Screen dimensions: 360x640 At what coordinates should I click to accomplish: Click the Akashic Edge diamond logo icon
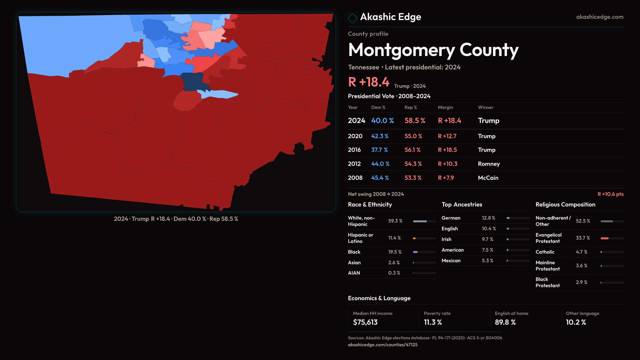point(352,18)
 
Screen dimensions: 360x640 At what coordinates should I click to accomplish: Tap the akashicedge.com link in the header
point(600,17)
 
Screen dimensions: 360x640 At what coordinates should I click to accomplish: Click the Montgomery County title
point(433,50)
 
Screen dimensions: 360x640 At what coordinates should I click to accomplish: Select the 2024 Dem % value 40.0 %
point(382,121)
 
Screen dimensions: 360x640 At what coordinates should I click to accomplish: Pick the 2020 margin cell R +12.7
point(447,136)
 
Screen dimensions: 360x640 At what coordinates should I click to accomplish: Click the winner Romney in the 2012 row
point(489,164)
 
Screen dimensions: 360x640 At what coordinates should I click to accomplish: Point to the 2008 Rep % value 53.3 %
point(413,178)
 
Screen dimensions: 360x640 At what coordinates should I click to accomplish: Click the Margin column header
point(445,107)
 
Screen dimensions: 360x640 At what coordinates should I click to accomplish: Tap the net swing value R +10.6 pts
point(610,194)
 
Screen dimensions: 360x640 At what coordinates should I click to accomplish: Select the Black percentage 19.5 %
point(395,252)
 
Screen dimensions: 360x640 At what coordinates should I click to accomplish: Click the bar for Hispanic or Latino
point(424,238)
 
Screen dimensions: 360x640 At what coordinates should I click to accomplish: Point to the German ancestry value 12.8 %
point(488,218)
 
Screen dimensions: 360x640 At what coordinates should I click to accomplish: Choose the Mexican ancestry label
point(451,261)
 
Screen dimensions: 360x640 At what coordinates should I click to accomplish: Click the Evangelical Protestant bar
point(612,238)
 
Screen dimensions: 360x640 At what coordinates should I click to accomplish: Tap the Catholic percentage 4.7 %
point(582,252)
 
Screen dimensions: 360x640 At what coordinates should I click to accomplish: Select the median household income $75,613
point(365,322)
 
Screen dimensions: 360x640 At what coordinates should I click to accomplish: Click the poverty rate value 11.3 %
point(433,322)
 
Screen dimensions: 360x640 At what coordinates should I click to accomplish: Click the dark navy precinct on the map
point(192,82)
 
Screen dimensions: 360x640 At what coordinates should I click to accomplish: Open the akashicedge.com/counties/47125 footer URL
point(383,345)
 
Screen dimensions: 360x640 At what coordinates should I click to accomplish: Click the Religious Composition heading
point(565,205)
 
